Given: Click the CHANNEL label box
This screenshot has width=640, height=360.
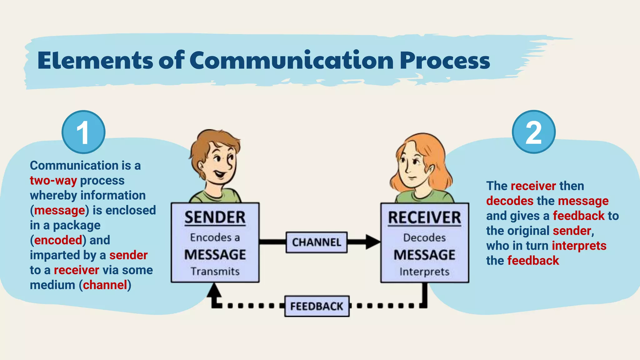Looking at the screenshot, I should point(316,242).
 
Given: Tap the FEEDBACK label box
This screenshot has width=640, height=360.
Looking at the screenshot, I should point(317,306).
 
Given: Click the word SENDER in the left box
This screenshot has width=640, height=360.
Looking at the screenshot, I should point(215,217).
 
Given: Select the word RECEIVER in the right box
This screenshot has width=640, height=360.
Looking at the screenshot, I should point(424,218).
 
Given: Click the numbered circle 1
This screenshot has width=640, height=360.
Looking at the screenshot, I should point(83,132).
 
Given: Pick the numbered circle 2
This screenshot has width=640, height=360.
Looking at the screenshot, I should point(533,132).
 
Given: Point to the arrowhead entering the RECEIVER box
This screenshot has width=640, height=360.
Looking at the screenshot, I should point(372,242).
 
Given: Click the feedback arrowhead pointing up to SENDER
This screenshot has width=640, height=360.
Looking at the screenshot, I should point(214,290).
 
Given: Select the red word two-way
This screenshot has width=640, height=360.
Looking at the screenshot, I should point(53,181).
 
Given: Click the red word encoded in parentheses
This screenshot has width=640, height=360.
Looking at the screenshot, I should point(58,240).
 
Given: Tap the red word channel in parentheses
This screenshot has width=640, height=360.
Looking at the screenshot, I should point(105,285).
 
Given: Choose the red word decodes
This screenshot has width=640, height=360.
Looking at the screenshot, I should point(510,201).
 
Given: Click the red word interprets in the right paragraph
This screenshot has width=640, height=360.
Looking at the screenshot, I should point(579,246).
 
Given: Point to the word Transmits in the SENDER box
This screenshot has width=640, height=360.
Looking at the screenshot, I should point(215,271).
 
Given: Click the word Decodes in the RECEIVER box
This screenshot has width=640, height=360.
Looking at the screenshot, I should point(424,238).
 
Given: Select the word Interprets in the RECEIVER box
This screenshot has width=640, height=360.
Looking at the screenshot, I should point(424,272).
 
